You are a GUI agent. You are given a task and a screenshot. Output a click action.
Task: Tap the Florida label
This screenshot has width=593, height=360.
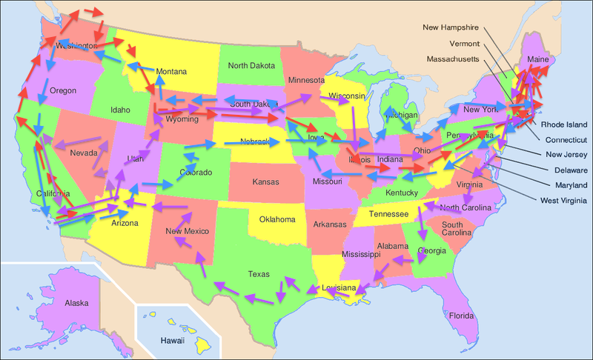(x=460, y=316)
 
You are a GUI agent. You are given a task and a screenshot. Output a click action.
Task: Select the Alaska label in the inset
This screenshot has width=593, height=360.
(x=77, y=303)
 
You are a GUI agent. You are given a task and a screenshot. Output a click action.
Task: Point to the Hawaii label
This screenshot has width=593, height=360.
(x=173, y=341)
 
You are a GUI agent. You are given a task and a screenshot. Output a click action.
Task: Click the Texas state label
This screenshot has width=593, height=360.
(x=259, y=274)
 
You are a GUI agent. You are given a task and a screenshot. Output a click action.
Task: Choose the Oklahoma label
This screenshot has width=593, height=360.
(x=276, y=219)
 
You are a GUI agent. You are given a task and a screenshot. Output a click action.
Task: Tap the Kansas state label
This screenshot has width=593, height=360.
(x=265, y=181)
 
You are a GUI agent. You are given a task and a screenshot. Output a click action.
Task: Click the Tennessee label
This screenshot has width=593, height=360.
(x=388, y=213)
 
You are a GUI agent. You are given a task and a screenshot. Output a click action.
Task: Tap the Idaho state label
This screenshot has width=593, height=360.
(x=119, y=110)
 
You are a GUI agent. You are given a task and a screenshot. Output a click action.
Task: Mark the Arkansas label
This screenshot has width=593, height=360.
(x=329, y=224)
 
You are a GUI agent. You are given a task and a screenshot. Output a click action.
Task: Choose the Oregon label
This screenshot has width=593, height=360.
(x=63, y=91)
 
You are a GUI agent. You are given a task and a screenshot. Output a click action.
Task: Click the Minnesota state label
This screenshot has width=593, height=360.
(x=306, y=80)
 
